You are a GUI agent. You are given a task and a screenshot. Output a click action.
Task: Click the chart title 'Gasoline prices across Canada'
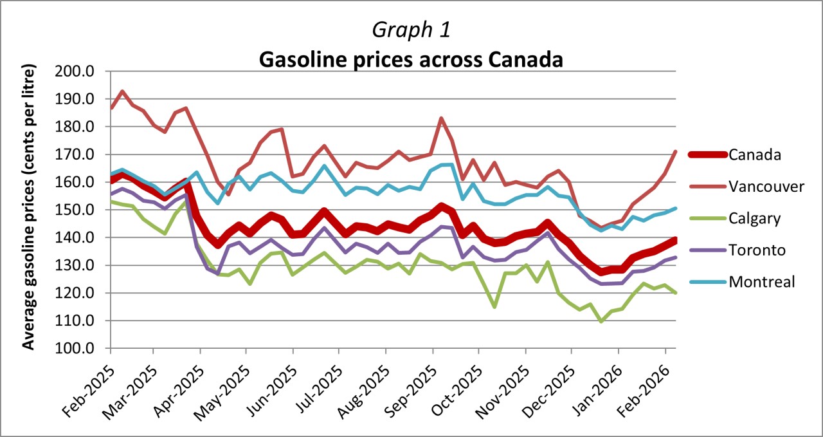tap(411, 59)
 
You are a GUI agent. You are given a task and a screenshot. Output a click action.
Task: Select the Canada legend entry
tap(755, 154)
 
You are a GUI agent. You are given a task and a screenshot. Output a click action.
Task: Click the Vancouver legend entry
tap(766, 187)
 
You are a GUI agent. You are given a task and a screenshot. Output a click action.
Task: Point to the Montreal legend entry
tap(762, 281)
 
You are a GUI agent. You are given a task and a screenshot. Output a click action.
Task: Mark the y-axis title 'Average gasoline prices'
tap(29, 207)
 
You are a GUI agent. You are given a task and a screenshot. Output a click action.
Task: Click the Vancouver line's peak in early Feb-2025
tap(122, 91)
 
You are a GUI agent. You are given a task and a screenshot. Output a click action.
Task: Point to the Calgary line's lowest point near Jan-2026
tap(601, 321)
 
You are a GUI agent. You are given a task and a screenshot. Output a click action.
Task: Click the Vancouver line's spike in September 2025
tap(441, 118)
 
